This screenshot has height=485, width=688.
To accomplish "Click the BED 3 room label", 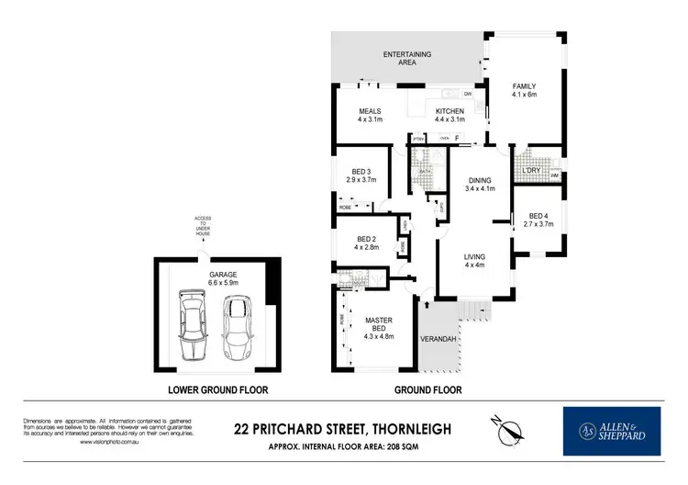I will coord(361,172).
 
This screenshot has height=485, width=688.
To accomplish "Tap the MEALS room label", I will coord(370,111).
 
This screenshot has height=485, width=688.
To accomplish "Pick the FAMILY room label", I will coord(524,86).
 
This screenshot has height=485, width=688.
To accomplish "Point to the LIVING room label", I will coord(474,256).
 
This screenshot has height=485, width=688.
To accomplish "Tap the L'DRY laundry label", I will coord(530,171).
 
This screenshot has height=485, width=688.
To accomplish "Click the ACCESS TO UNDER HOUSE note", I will coord(202,226).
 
